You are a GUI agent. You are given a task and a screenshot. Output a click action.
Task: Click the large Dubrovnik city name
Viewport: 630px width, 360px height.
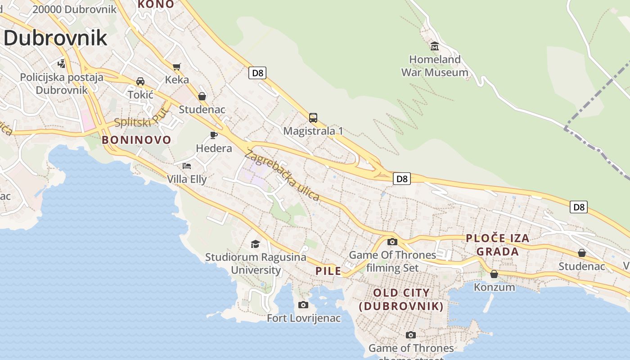pos(55,38)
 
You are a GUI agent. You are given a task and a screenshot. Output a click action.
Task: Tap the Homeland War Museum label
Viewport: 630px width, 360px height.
pos(434,66)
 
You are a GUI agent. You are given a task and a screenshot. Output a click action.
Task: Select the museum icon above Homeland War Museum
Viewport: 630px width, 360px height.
pos(435,46)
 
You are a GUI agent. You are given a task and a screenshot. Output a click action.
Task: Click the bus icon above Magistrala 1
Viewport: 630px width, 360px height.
pos(313,118)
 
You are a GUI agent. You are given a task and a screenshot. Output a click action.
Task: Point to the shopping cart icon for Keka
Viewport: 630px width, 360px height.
pos(177,67)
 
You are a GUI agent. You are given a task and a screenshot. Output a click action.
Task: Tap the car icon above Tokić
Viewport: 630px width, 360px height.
pos(140,81)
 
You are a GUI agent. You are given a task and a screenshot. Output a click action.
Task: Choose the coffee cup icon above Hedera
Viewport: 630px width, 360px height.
pos(214,135)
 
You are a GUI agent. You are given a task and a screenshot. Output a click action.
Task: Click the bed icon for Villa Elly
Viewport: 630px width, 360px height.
pos(187,166)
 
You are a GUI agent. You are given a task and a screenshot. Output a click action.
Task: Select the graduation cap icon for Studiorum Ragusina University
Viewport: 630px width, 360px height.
pos(255,244)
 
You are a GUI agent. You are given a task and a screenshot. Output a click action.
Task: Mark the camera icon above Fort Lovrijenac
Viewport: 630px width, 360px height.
pos(303,305)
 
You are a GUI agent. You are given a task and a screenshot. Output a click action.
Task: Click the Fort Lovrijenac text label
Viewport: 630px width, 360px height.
pos(304,318)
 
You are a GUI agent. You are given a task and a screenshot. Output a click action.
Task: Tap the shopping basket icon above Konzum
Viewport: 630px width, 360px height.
pos(494,274)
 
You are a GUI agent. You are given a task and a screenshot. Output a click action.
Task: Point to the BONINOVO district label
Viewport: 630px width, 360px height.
pos(136,140)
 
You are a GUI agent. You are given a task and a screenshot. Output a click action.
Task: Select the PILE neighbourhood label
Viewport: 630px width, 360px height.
pos(328,271)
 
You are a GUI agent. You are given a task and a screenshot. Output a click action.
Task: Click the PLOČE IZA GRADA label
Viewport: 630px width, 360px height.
pos(497,245)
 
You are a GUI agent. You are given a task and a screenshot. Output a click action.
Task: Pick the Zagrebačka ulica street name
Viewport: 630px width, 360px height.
pos(282,175)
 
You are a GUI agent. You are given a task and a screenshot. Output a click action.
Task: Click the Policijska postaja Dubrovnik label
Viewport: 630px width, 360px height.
pos(62,83)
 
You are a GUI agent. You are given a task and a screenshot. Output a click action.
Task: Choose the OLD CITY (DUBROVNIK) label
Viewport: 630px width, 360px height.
pos(401,299)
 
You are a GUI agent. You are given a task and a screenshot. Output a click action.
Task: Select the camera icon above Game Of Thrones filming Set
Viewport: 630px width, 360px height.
pos(392,242)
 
